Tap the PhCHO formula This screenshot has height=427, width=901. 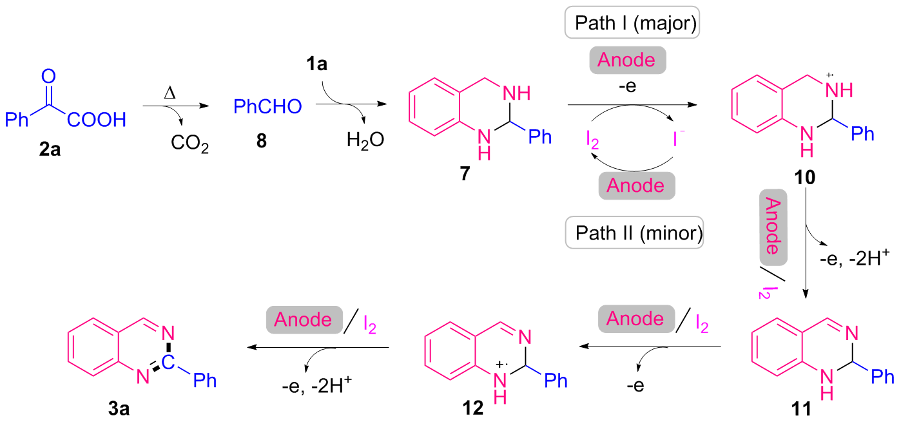[267, 106]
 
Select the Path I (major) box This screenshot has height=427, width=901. [632, 26]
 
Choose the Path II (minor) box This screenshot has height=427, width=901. [634, 233]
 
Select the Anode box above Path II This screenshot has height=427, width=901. [636, 185]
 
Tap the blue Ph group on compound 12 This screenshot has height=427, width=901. [556, 380]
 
